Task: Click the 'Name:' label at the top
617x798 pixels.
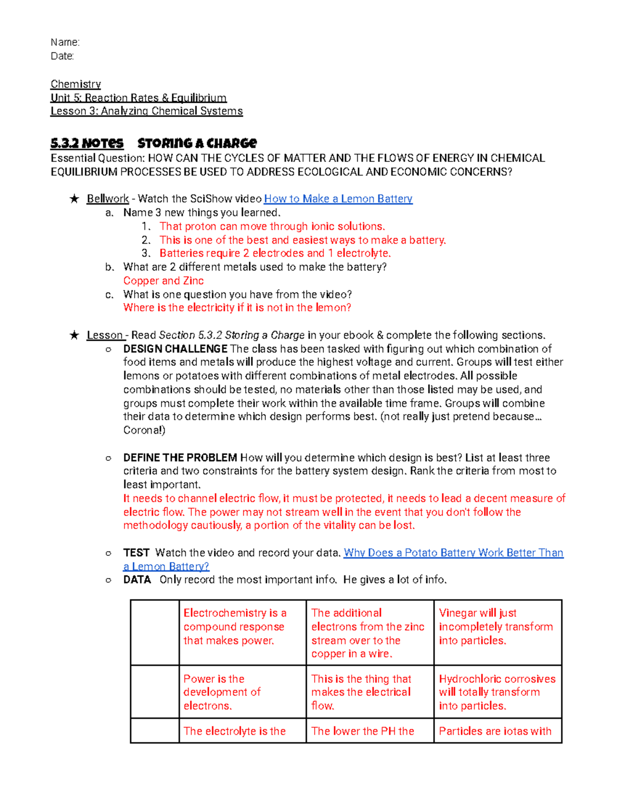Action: (65, 42)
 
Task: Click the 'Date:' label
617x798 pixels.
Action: (62, 56)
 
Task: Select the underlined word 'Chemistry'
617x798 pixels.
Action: (76, 84)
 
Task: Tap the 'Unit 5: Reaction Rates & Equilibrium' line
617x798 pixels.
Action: (138, 98)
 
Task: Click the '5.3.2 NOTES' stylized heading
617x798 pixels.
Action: (87, 143)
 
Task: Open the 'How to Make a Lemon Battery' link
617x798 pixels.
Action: (338, 199)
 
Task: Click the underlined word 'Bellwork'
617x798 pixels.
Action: (107, 199)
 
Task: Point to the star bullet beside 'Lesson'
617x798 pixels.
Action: (75, 336)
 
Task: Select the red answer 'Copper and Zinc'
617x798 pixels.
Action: (164, 281)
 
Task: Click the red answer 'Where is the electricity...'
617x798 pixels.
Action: (237, 308)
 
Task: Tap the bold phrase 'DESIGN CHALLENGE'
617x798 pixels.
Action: (175, 349)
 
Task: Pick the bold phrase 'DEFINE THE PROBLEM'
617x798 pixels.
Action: (180, 458)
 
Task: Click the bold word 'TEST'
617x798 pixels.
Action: (136, 553)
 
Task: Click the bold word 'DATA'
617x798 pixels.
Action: (137, 580)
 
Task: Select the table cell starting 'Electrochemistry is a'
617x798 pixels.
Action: (242, 627)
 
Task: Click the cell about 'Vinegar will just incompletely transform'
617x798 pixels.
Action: (497, 627)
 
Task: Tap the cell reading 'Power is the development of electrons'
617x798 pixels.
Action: (242, 692)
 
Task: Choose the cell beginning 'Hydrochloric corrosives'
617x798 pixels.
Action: (497, 692)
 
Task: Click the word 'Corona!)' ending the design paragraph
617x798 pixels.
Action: (144, 430)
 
